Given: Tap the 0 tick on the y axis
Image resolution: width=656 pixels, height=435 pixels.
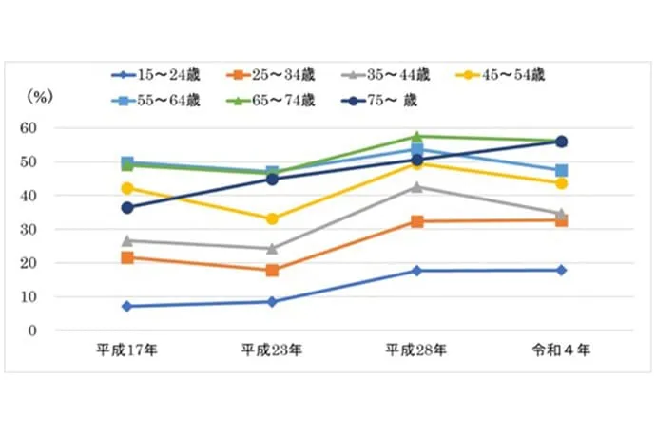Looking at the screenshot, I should click(x=59, y=331).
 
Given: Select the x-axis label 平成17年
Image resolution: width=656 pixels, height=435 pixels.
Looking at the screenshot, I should click(x=126, y=350).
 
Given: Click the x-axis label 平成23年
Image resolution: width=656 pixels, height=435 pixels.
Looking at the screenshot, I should click(x=272, y=350).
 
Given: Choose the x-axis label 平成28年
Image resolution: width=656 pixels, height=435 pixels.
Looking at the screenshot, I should click(x=416, y=350).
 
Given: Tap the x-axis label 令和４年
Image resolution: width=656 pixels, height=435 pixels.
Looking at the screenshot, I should click(x=561, y=350).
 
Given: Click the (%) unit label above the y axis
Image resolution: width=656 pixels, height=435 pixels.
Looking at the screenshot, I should click(x=43, y=95).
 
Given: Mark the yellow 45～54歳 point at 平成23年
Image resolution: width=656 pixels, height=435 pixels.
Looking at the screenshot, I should click(x=272, y=219).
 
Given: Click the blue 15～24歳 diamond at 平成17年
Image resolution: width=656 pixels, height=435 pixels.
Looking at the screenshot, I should click(x=126, y=306).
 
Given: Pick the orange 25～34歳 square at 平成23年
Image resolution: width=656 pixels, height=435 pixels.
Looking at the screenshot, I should click(x=272, y=270).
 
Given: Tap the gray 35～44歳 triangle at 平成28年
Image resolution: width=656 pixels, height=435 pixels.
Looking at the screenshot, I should click(x=416, y=186).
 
